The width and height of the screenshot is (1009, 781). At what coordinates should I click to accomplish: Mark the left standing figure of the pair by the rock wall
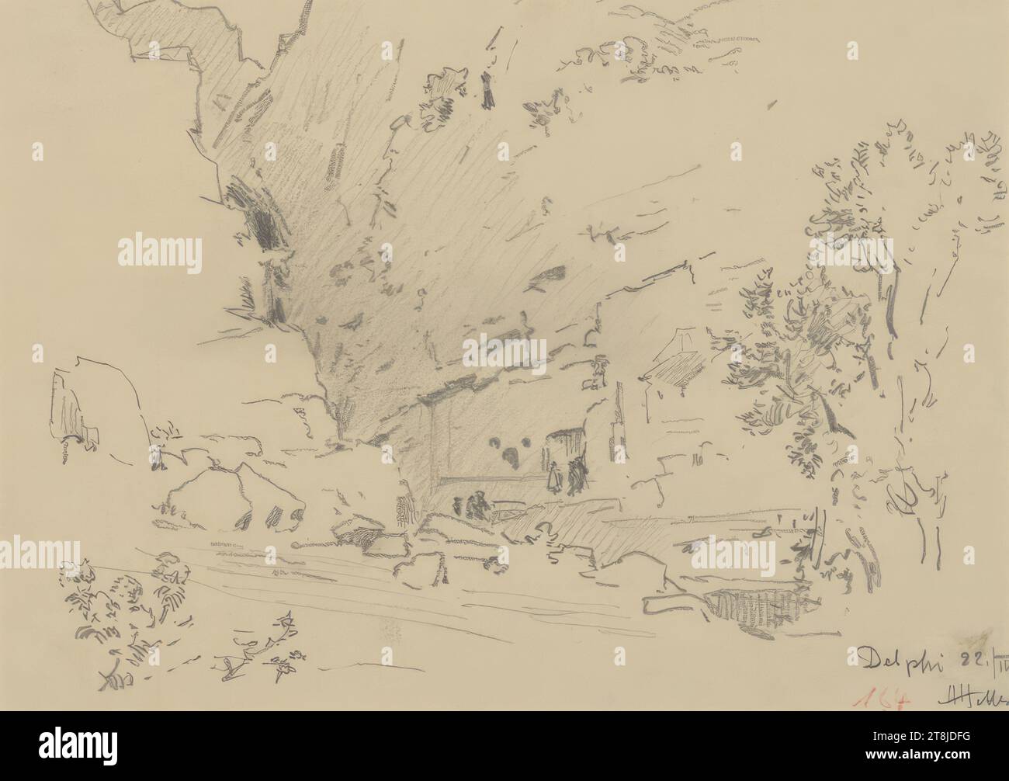click(556, 476)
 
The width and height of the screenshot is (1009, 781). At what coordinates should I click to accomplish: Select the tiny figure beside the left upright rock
click(159, 458)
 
